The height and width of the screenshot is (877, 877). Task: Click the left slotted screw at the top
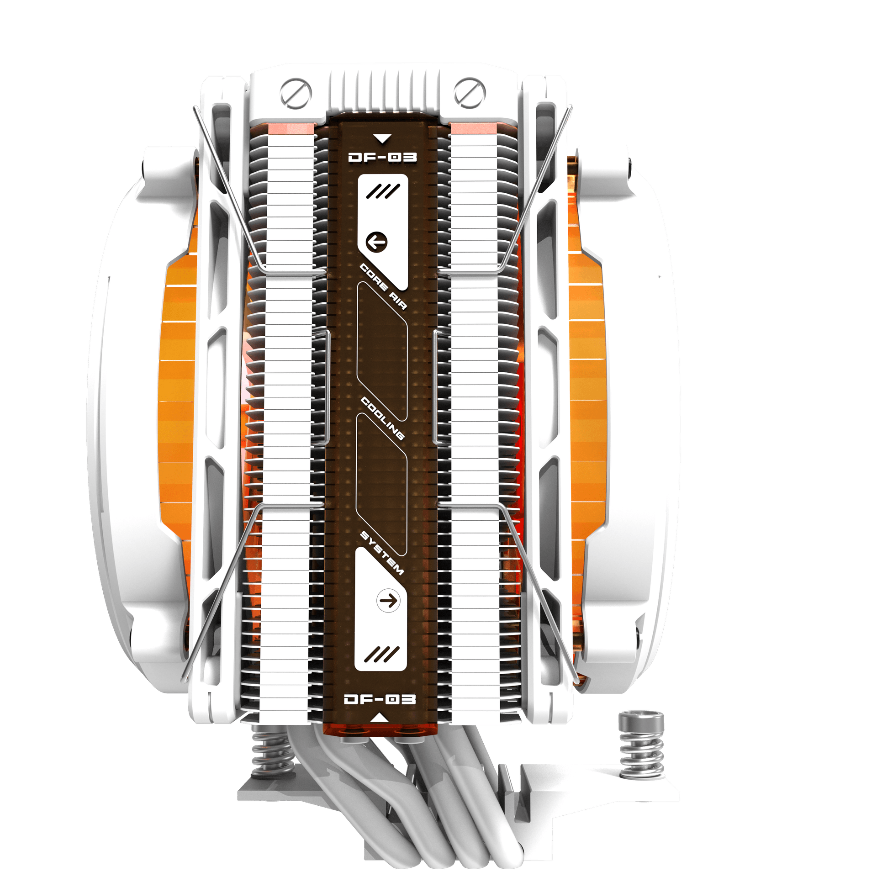click(x=296, y=93)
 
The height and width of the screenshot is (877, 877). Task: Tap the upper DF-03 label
click(x=382, y=157)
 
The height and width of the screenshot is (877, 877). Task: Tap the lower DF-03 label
click(x=380, y=699)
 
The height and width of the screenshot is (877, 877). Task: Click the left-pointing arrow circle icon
click(x=376, y=242)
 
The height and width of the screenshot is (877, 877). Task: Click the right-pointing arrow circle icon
click(x=388, y=600)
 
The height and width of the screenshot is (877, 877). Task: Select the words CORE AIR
click(x=383, y=286)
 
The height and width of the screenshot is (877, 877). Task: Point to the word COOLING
click(x=383, y=418)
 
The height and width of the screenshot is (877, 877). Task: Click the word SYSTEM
click(x=382, y=553)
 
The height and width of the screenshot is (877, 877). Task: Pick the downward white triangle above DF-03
click(x=382, y=138)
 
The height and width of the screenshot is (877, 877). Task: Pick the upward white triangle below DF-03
click(x=380, y=718)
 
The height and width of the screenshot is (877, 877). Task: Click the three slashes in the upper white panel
click(x=383, y=191)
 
